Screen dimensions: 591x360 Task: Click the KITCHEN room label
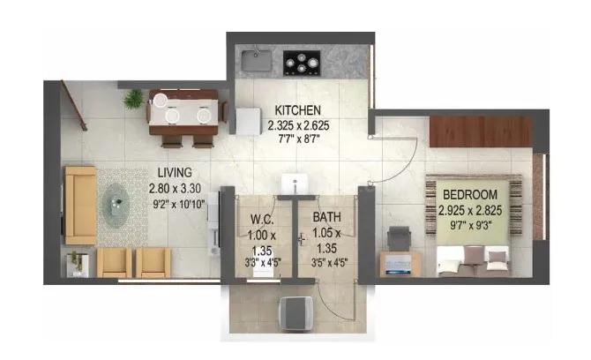tap(298, 110)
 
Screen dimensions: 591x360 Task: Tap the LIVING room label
tap(175, 173)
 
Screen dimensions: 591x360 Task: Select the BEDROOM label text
tap(470, 195)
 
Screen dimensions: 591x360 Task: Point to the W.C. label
tap(262, 219)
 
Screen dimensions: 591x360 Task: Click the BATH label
tap(326, 217)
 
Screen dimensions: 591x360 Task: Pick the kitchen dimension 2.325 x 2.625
tap(298, 125)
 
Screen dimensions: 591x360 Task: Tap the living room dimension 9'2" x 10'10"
tap(179, 205)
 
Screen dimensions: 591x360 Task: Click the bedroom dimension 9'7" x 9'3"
tap(471, 225)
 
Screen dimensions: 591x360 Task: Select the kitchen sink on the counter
tap(257, 60)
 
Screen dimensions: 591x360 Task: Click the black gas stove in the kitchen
tap(302, 63)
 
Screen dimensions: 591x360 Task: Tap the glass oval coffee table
tap(116, 205)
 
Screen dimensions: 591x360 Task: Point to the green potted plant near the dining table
tap(133, 99)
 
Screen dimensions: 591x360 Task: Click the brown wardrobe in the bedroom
tap(481, 131)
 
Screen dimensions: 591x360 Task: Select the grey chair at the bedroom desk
tap(400, 238)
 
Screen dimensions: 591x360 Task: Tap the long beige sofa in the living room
tap(80, 205)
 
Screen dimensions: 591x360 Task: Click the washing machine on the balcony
tap(295, 313)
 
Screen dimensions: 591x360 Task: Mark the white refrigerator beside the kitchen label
tap(248, 121)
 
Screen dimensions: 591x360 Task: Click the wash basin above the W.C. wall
tap(295, 184)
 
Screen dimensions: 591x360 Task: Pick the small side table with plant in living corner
tap(78, 264)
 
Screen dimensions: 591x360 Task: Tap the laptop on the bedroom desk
tap(399, 266)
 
